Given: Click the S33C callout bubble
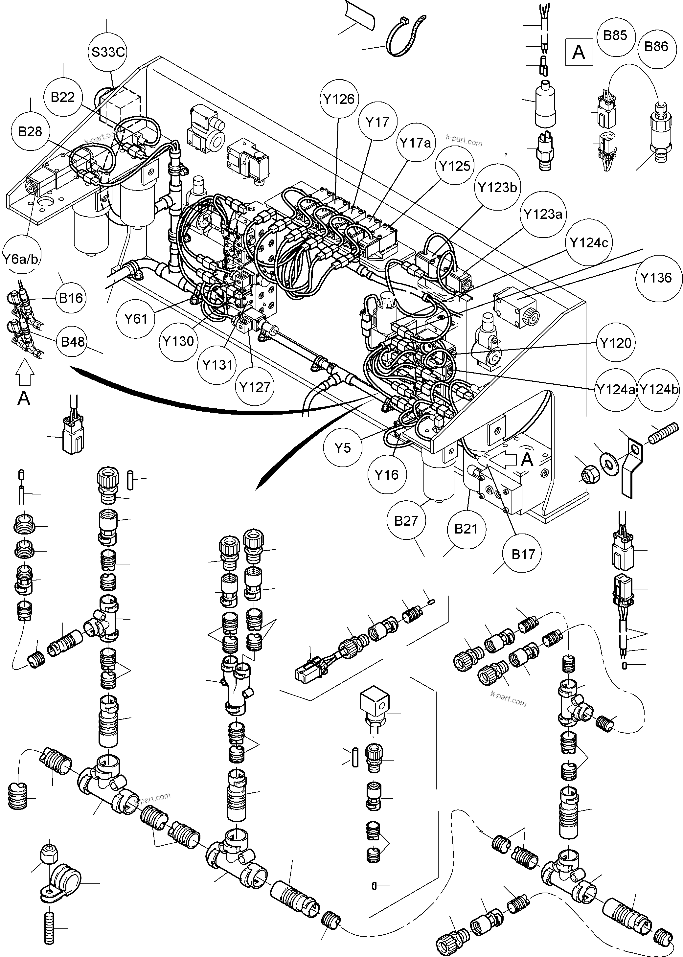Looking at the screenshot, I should click(108, 52).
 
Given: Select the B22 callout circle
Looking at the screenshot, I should click(63, 98).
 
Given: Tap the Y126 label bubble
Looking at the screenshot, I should click(339, 99).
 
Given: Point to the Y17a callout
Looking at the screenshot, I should click(415, 143).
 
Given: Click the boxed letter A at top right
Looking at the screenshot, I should click(579, 52).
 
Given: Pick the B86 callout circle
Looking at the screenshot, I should click(656, 47).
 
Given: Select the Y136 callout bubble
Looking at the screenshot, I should click(656, 278).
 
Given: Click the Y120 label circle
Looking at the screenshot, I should click(616, 343).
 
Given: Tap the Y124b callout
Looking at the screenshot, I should click(659, 389).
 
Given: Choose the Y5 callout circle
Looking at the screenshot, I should click(343, 448).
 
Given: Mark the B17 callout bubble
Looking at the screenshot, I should click(523, 554).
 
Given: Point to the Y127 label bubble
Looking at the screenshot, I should click(255, 387).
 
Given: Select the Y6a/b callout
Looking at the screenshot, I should click(21, 259).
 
